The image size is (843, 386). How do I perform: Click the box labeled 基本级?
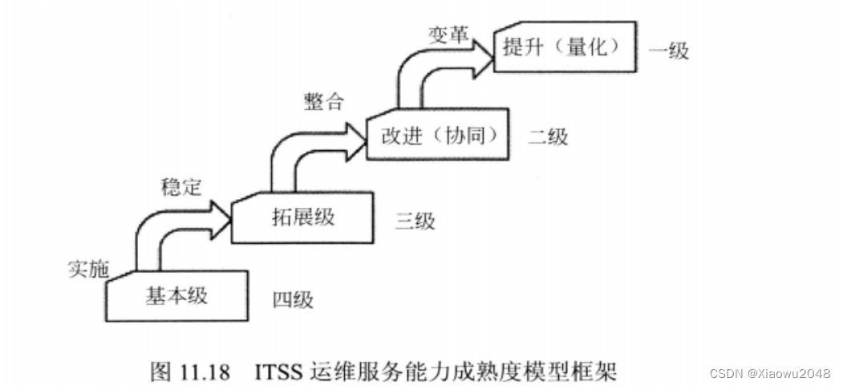click(x=176, y=295)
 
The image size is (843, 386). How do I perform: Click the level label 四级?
click(x=292, y=301)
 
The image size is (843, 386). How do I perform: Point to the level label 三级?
click(x=415, y=221)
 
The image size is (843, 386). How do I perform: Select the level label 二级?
click(x=548, y=136)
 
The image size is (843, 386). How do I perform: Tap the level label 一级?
click(x=668, y=51)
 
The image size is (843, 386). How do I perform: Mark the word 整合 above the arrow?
click(x=323, y=102)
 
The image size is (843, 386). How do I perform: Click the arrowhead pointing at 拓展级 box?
click(x=219, y=212)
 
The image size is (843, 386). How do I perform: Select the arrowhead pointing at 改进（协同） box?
click(x=353, y=130)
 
